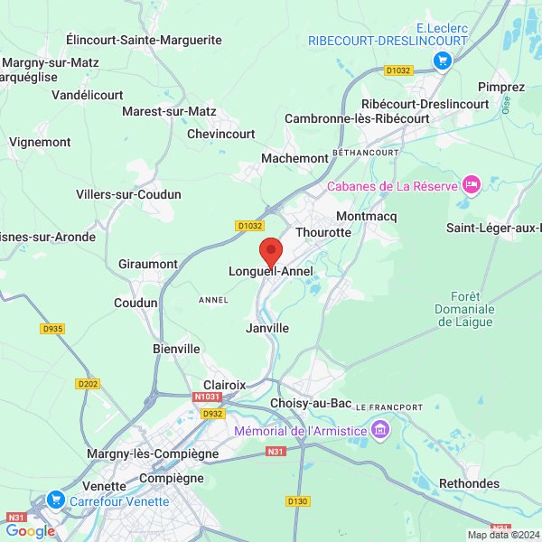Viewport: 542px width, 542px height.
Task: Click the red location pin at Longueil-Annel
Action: [270, 250]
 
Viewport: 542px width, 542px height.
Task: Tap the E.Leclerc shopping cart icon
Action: [443, 60]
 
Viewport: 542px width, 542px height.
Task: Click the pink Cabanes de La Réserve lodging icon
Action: [470, 185]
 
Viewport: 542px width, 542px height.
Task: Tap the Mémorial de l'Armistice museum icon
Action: [380, 429]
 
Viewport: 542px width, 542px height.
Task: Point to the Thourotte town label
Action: [322, 232]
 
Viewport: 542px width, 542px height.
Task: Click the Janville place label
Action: [267, 328]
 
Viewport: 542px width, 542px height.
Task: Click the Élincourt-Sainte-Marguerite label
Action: [145, 40]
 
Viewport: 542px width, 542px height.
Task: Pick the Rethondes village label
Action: [469, 483]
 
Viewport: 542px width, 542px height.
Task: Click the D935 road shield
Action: [52, 329]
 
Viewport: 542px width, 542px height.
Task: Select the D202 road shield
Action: [89, 384]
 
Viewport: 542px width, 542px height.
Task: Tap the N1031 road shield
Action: [206, 397]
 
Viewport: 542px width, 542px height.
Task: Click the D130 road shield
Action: [297, 500]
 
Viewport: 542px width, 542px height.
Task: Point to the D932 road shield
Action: [212, 414]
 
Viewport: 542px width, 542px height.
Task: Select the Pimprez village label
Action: [501, 87]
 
